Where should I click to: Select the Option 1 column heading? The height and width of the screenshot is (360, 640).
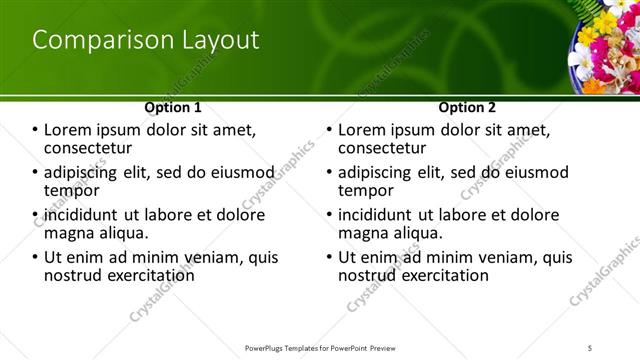tap(173, 107)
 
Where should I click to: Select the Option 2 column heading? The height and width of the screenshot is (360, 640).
tap(467, 107)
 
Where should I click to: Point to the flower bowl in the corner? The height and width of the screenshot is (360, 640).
tap(605, 50)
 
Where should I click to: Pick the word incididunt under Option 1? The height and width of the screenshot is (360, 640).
tap(81, 215)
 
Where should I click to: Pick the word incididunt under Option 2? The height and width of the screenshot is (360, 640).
tap(375, 215)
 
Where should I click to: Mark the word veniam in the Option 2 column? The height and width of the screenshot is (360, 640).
tap(507, 258)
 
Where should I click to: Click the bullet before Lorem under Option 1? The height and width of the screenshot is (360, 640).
tap(35, 130)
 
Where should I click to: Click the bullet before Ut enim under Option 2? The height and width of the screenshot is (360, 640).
tap(329, 258)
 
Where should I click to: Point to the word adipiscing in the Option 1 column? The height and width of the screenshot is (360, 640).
tap(83, 172)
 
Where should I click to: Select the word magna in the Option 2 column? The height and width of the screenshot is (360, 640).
tap(363, 233)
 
